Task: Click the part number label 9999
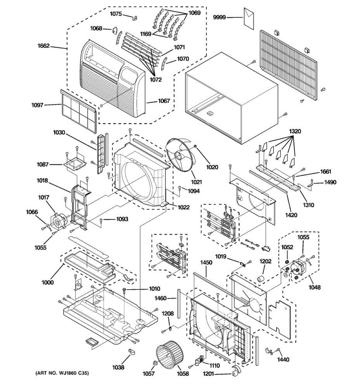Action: tap(220, 18)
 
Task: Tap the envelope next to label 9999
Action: tap(248, 18)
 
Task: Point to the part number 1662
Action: tap(43, 46)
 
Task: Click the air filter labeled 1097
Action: tap(78, 110)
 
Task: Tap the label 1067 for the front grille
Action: tap(164, 101)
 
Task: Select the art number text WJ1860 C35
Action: tap(62, 373)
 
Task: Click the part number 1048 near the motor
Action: tap(315, 287)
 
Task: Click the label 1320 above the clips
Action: tap(295, 132)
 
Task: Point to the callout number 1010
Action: tap(155, 289)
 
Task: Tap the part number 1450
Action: tap(206, 262)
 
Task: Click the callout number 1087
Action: tap(42, 164)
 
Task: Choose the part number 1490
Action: tap(331, 182)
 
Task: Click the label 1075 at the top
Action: tap(116, 14)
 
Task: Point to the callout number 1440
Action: tap(283, 360)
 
